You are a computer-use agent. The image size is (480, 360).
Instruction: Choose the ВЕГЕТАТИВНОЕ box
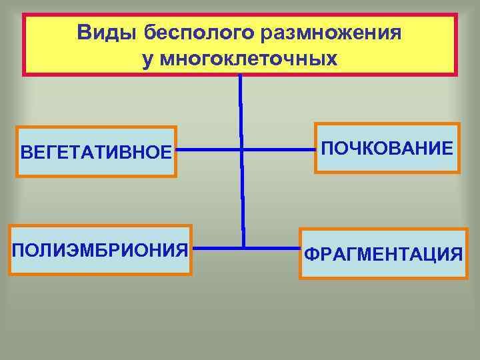97,151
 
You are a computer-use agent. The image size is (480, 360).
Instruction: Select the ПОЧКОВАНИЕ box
387,148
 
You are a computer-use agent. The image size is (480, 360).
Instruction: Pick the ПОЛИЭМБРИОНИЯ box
100,250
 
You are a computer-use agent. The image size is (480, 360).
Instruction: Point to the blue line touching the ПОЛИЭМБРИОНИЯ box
217,248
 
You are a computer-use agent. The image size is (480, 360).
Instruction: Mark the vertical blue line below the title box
241,107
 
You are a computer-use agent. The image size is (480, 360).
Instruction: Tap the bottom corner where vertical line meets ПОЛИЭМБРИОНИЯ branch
243,247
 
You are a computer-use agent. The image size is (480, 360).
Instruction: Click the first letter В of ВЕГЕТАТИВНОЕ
26,152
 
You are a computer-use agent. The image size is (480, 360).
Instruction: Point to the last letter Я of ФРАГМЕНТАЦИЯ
455,254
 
